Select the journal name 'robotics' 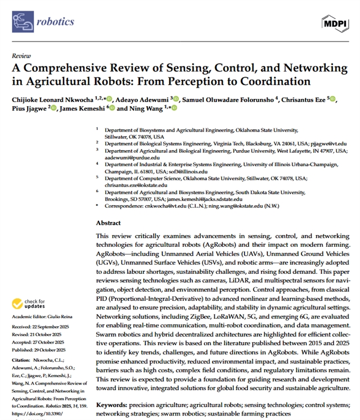pos(56,22)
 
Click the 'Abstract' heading pos(108,223)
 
